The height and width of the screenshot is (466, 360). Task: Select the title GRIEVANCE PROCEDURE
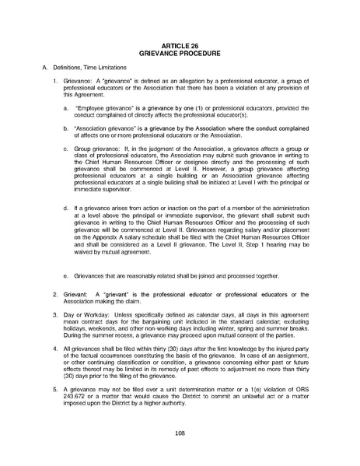[x=180, y=55]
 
